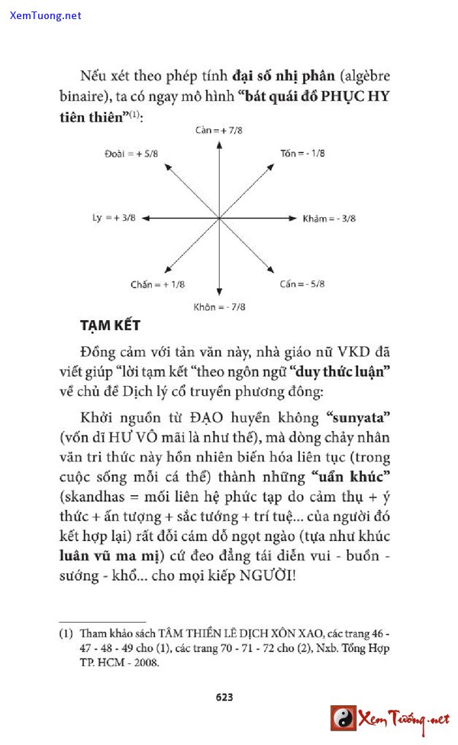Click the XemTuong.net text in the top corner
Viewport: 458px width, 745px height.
pyautogui.click(x=46, y=15)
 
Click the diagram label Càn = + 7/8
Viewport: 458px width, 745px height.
pyautogui.click(x=219, y=130)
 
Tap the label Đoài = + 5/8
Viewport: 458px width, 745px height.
pyautogui.click(x=131, y=154)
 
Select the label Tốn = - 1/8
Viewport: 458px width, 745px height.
pyautogui.click(x=302, y=154)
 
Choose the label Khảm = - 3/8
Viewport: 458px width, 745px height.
pyautogui.click(x=329, y=219)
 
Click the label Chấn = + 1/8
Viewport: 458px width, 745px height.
pyautogui.click(x=158, y=284)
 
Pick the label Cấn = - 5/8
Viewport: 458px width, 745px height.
pyautogui.click(x=302, y=284)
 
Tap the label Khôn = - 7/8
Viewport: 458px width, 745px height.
pyautogui.click(x=219, y=307)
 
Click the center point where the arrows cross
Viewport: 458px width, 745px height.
pyautogui.click(x=219, y=219)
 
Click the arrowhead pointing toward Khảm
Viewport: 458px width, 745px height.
pyautogui.click(x=293, y=219)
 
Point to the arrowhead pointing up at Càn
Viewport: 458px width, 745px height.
pyautogui.click(x=219, y=141)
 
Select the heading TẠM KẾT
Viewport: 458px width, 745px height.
pyautogui.click(x=111, y=326)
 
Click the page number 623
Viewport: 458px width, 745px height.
pyautogui.click(x=224, y=697)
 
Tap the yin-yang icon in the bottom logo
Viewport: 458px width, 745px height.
pyautogui.click(x=343, y=719)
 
